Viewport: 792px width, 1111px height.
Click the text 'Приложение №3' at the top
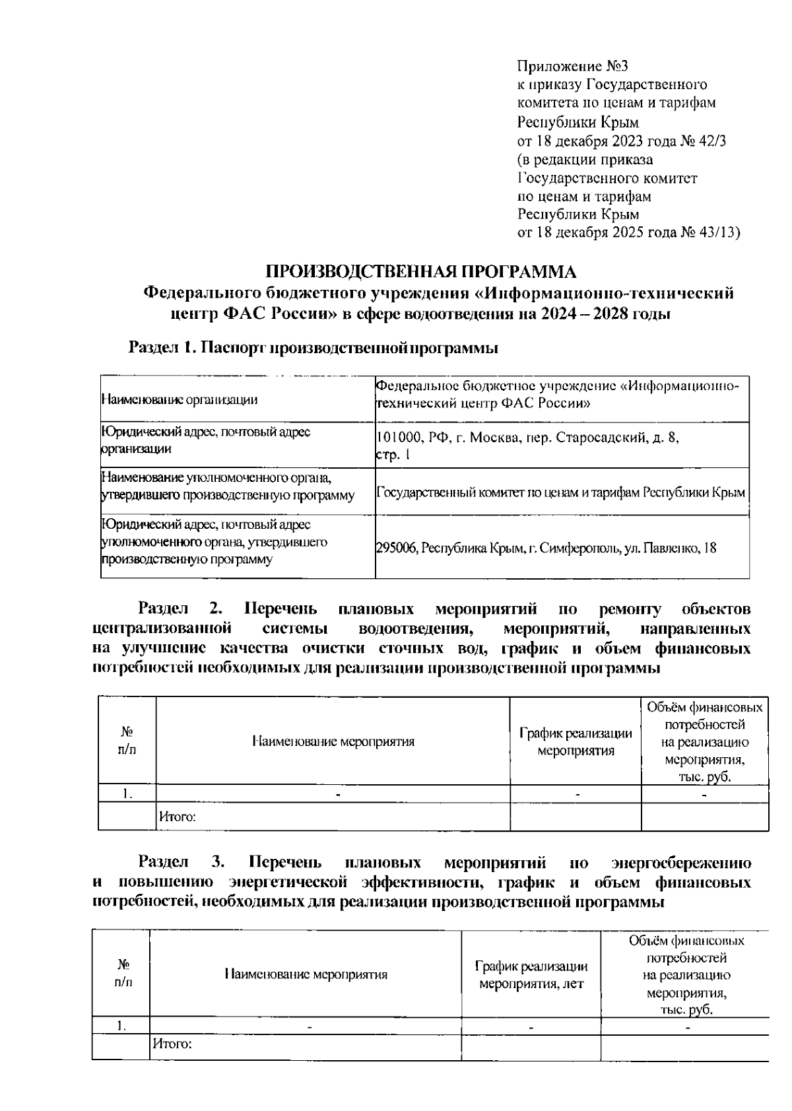572,67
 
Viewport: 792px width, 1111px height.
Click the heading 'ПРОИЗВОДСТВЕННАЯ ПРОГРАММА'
421,272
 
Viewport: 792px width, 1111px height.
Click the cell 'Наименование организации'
179,399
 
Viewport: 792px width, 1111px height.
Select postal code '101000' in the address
397,438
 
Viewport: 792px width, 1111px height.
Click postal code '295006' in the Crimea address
396,548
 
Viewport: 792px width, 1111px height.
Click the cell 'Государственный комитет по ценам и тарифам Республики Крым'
561,492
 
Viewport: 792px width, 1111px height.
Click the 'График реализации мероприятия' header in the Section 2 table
576,742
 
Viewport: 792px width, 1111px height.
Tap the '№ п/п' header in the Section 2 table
127,741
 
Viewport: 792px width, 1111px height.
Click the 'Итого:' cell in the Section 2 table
177,817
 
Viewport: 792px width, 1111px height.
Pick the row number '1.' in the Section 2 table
127,794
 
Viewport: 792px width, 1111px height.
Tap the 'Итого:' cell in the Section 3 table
172,1044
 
